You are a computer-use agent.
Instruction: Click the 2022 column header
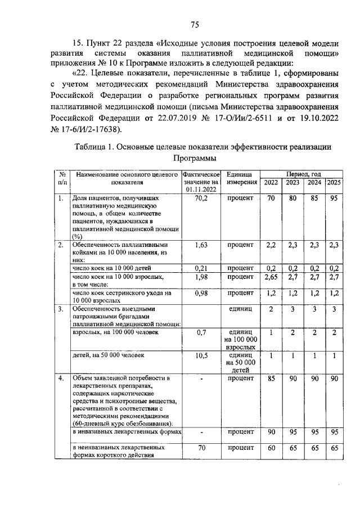tap(271, 183)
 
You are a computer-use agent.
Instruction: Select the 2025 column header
tap(334, 183)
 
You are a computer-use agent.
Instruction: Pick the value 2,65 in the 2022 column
tap(271, 277)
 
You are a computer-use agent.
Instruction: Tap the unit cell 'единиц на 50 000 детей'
tap(241, 363)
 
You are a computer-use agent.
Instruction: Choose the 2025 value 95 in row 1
tap(334, 199)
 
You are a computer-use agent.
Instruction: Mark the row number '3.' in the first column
tap(60, 309)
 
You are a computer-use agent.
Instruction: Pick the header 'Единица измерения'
tap(241, 179)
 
